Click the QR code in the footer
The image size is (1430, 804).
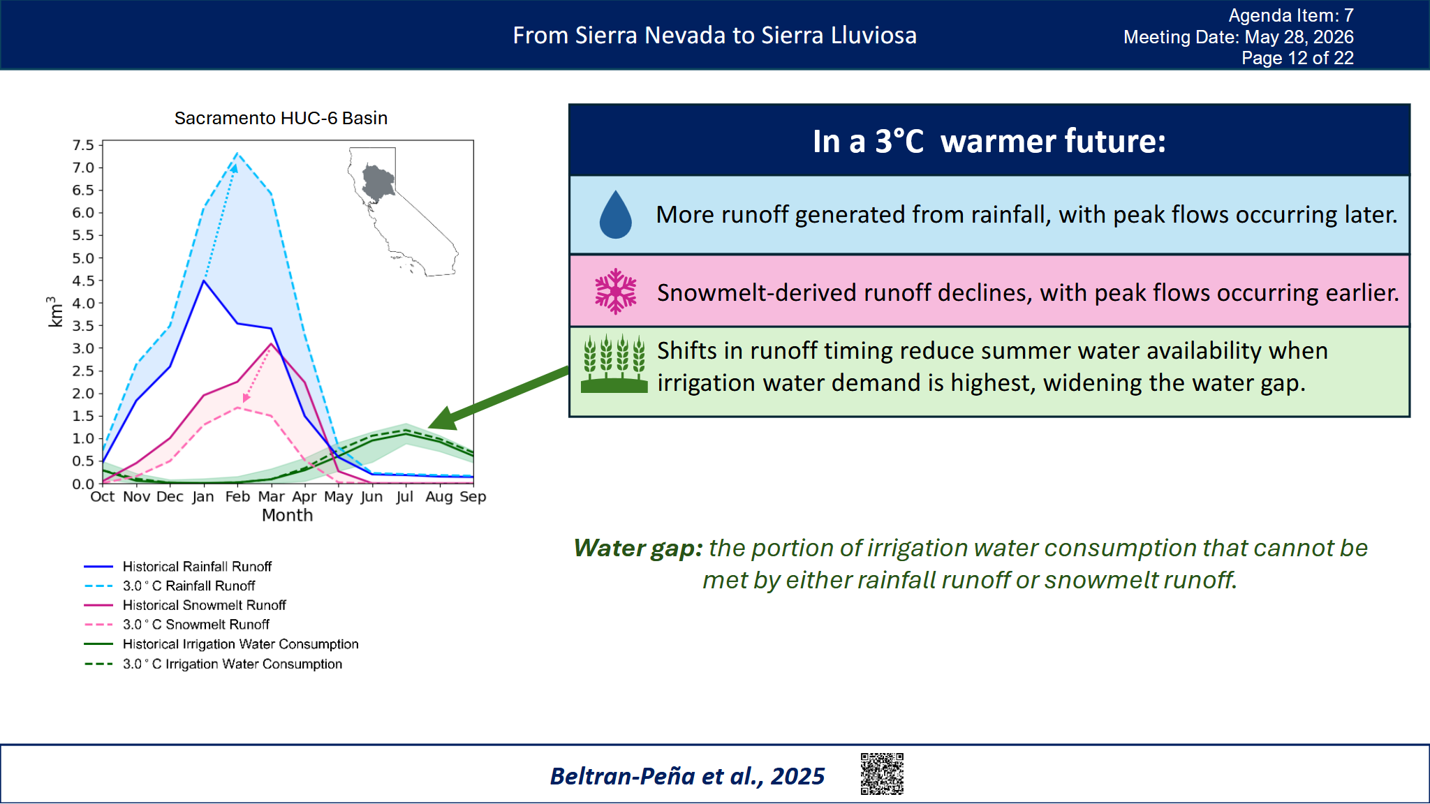click(882, 773)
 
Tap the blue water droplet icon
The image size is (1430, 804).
click(615, 214)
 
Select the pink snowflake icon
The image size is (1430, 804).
click(615, 291)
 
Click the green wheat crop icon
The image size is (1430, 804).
click(614, 363)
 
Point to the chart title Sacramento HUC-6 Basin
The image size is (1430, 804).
click(281, 118)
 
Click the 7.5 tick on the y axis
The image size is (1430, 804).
click(83, 145)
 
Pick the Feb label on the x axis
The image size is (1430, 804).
click(237, 496)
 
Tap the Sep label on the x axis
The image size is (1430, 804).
click(473, 496)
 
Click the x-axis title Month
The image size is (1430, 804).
click(287, 515)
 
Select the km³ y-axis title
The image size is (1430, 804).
click(54, 311)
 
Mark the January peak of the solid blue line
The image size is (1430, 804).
click(203, 281)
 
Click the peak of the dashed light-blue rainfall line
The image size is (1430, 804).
click(237, 153)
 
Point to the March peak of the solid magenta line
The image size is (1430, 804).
click(271, 343)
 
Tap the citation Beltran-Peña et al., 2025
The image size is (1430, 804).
click(687, 776)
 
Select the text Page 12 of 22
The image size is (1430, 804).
click(1297, 58)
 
